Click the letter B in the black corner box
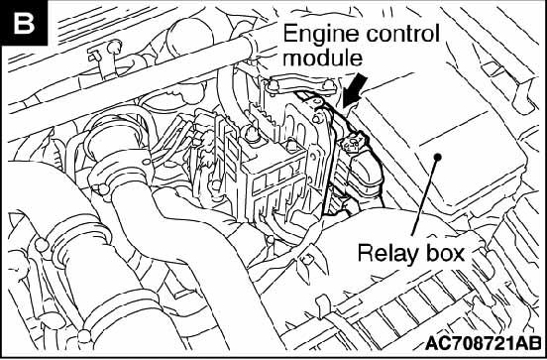coord(24,24)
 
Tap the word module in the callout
coord(322,58)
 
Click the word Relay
coord(389,254)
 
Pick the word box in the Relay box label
coord(446,252)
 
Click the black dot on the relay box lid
coord(438,157)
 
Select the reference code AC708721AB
coord(483,343)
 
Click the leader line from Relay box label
coord(425,197)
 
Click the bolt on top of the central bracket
coord(252,134)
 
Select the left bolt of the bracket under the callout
coord(273,86)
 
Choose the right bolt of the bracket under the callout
coord(328,85)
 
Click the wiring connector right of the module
coord(353,143)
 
